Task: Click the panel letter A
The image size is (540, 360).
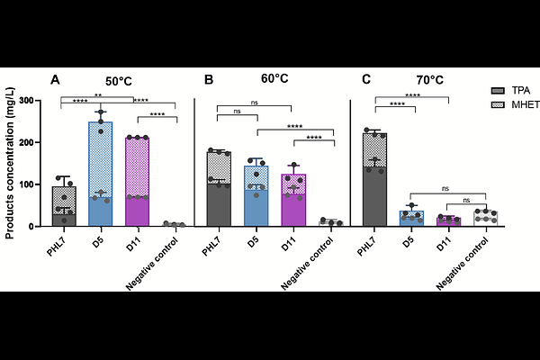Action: (x=55, y=80)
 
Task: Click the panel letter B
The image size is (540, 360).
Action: (x=209, y=80)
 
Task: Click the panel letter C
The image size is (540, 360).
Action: (x=366, y=80)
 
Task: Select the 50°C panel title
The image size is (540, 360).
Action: (x=124, y=80)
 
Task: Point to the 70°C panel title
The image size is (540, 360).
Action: (x=426, y=79)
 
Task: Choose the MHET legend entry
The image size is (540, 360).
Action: (x=523, y=105)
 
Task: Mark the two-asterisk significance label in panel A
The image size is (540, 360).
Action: (x=97, y=94)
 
